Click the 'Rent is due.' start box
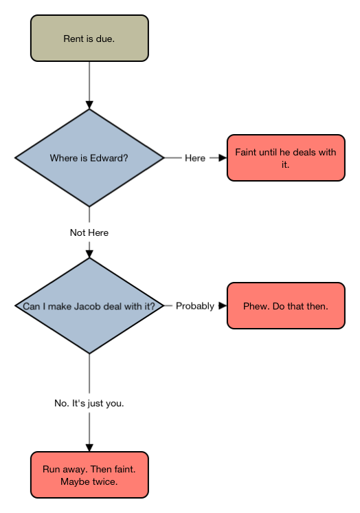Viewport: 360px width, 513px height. pyautogui.click(x=89, y=38)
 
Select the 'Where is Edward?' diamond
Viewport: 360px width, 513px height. pyautogui.click(x=89, y=157)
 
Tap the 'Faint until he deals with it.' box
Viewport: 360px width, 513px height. pyautogui.click(x=286, y=157)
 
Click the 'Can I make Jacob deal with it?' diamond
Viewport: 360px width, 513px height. pyautogui.click(x=89, y=305)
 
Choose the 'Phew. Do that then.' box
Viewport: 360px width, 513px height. pyautogui.click(x=286, y=305)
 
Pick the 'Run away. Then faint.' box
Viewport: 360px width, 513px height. pyautogui.click(x=89, y=474)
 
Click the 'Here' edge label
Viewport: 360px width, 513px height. pyautogui.click(x=195, y=158)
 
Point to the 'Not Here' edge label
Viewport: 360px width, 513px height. pyautogui.click(x=89, y=232)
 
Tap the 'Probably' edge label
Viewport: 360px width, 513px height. pyautogui.click(x=195, y=306)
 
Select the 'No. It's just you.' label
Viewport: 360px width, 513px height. pyautogui.click(x=89, y=403)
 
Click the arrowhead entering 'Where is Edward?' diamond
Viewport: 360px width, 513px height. pyautogui.click(x=89, y=105)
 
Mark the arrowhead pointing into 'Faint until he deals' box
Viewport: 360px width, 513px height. pyautogui.click(x=223, y=157)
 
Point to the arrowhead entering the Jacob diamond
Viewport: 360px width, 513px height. pyautogui.click(x=89, y=254)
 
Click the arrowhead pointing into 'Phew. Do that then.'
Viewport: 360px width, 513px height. pyautogui.click(x=223, y=305)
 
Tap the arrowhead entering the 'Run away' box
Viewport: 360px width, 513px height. pyautogui.click(x=89, y=448)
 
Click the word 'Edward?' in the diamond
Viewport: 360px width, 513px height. pyautogui.click(x=109, y=158)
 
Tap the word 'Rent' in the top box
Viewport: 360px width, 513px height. pyautogui.click(x=74, y=39)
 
